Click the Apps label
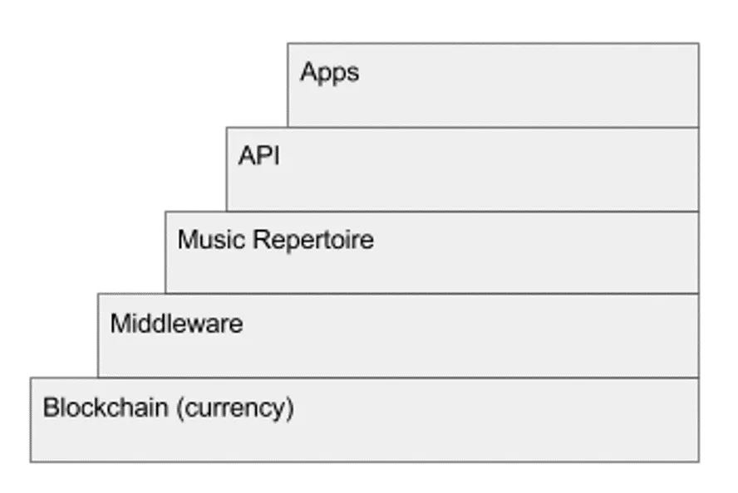point(329,73)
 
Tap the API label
point(258,155)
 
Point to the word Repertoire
point(313,240)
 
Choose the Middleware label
point(176,324)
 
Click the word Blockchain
point(106,407)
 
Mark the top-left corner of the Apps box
point(288,44)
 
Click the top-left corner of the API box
point(226,127)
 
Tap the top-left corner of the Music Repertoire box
point(165,212)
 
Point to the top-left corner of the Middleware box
point(98,294)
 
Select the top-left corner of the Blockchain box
point(31,378)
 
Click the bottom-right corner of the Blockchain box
point(699,462)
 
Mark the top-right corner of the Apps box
point(699,44)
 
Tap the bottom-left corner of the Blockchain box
point(31,462)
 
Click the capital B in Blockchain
point(51,407)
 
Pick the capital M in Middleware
point(119,324)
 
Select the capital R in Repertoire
point(262,239)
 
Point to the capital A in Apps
point(309,71)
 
